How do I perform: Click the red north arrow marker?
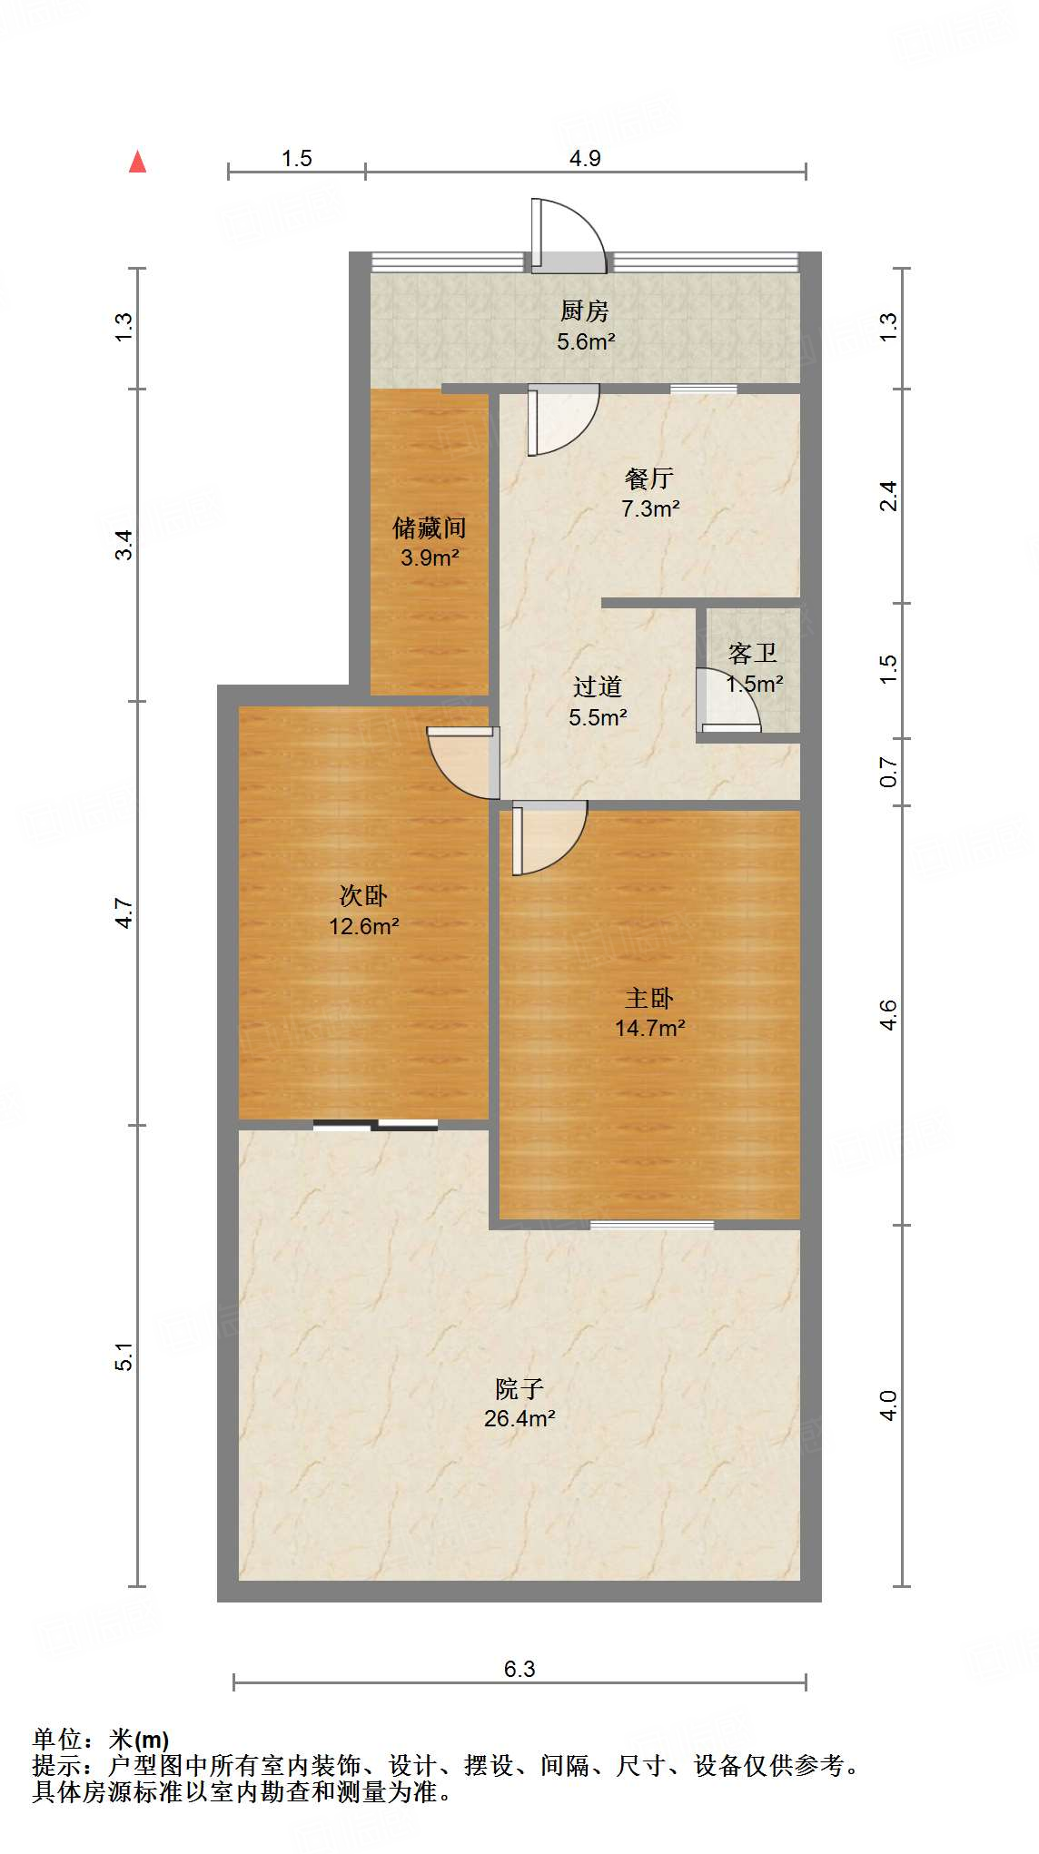pos(137,162)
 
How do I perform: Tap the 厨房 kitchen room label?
pos(584,311)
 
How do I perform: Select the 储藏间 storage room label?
pos(429,528)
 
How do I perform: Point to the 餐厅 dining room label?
pos(649,478)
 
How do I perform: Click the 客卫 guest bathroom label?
pos(753,654)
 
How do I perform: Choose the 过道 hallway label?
pos(598,687)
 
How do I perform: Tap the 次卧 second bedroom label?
pos(363,896)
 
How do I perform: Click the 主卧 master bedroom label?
pos(649,999)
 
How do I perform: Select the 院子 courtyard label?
pos(519,1388)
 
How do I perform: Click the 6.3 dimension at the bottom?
pos(519,1669)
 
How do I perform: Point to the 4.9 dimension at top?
pos(585,158)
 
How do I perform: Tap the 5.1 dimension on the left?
pos(124,1356)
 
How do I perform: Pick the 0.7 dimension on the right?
pos(888,773)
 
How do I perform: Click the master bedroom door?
pos(547,837)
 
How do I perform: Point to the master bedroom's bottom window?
pos(652,1225)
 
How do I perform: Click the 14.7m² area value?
pos(649,1029)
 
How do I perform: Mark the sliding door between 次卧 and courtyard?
pos(375,1126)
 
